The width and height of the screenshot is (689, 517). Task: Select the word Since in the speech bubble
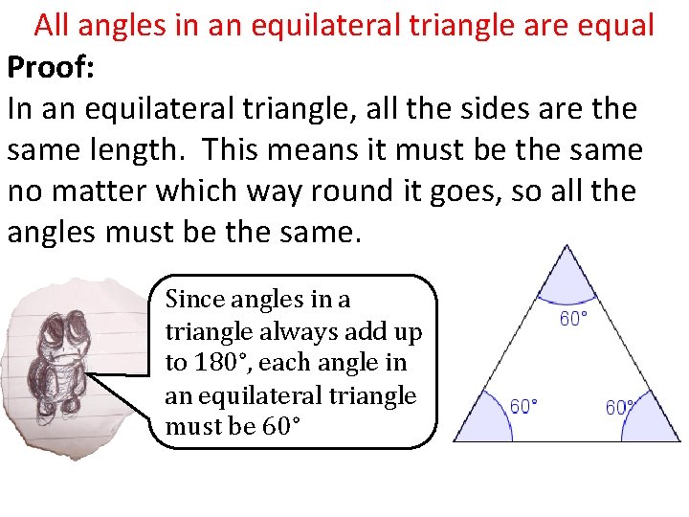click(194, 299)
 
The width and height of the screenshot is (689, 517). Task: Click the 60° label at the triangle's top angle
click(573, 319)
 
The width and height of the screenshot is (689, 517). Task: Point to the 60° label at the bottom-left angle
click(523, 407)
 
